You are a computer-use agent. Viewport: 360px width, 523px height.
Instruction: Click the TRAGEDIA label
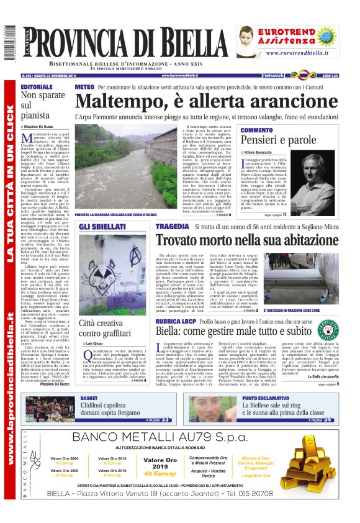click(x=172, y=226)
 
